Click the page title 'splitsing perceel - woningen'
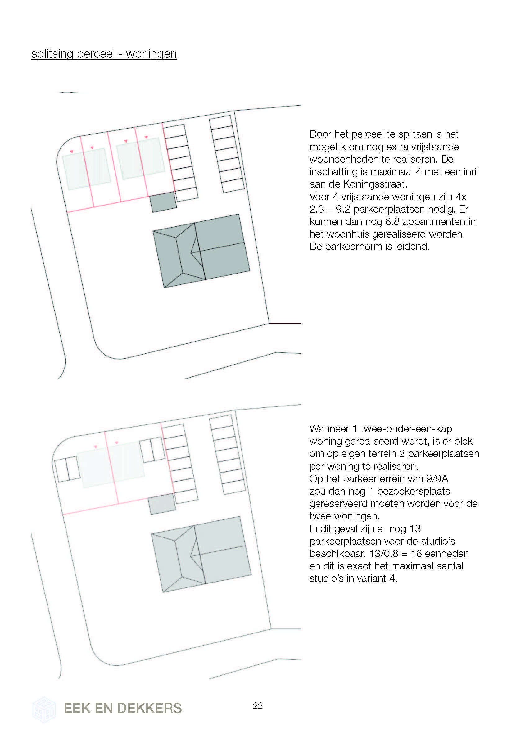click(104, 54)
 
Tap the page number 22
click(257, 705)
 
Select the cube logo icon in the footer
click(44, 709)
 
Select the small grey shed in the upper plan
click(163, 202)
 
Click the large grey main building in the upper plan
click(201, 251)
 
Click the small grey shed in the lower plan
click(162, 504)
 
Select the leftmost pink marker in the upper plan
click(71, 151)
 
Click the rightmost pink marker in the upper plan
click(146, 137)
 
